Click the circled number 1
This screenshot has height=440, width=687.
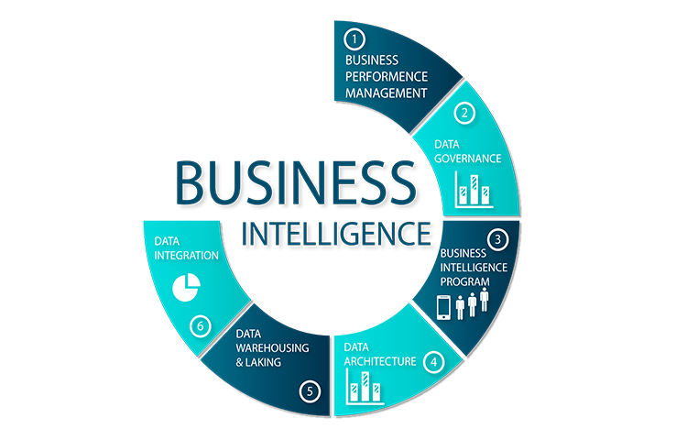[354, 38]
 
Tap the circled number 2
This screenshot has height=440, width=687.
[466, 114]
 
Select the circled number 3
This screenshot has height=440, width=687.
[498, 239]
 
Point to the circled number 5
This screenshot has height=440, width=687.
[311, 390]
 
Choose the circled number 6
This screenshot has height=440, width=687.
[200, 324]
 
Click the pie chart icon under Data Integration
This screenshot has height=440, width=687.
[186, 287]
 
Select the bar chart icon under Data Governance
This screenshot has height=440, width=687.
[474, 191]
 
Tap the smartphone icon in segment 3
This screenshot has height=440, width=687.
[444, 306]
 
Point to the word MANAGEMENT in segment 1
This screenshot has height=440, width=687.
[386, 93]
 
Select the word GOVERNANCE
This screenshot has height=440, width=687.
[468, 159]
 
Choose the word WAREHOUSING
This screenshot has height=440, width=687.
[272, 348]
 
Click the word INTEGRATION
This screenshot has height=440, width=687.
[186, 256]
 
